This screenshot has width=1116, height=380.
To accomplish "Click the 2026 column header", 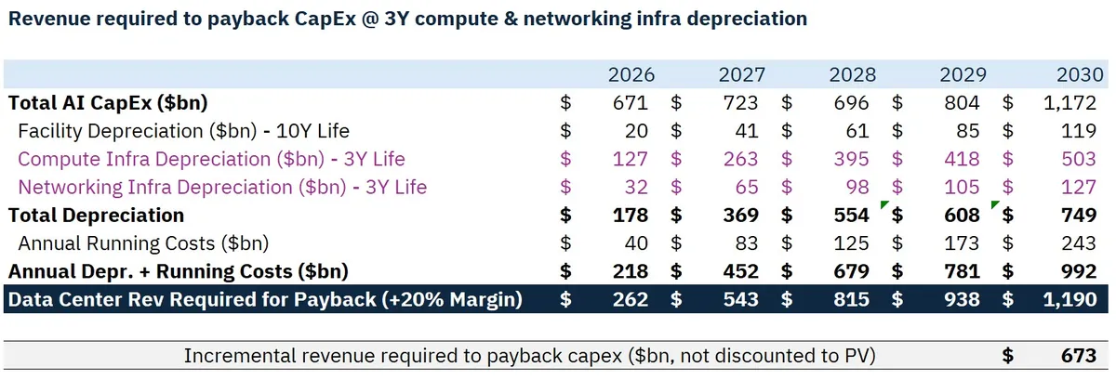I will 631,74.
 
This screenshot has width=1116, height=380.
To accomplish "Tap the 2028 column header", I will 852,74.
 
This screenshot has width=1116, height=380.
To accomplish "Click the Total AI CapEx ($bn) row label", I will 108,103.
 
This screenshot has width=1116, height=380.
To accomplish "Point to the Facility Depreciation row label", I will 183,131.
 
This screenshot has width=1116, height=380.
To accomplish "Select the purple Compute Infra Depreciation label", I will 211,159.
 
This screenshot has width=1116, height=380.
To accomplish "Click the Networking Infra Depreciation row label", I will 222,187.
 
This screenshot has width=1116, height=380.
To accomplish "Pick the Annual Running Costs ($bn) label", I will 143,243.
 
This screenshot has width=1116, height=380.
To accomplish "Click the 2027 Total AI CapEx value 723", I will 740,103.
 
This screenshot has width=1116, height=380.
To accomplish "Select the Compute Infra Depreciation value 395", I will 851,159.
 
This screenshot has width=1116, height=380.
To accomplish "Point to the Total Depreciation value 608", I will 962,216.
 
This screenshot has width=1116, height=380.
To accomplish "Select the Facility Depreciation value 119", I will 1079,131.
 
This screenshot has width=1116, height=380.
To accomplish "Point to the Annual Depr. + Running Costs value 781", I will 962,271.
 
